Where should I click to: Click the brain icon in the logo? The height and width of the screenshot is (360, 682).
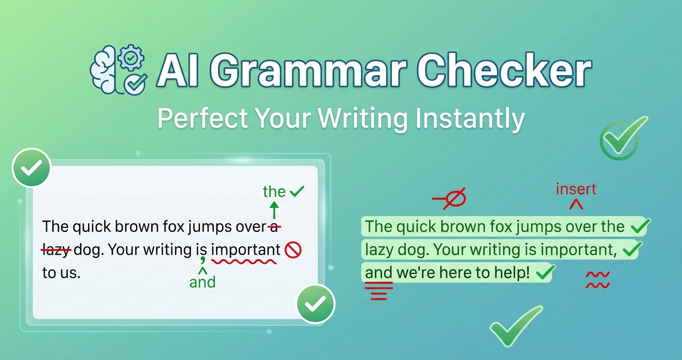(x=103, y=70)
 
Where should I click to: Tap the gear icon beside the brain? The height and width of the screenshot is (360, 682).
(x=131, y=57)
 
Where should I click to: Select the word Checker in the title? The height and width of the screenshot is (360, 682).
(x=504, y=70)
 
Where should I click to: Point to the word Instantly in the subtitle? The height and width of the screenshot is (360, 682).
(x=470, y=119)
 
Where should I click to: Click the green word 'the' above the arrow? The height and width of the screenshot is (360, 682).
(x=274, y=191)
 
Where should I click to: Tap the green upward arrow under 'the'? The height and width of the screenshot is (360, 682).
(x=274, y=210)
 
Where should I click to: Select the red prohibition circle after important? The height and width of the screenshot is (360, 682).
(x=293, y=250)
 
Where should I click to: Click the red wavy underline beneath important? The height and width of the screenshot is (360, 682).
(x=244, y=261)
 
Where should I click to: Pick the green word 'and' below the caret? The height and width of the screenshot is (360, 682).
(x=203, y=282)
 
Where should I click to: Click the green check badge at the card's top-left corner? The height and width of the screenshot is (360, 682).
(x=31, y=168)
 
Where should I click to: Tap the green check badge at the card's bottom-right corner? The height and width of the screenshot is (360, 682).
(x=316, y=304)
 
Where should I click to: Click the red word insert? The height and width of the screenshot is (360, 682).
(x=576, y=189)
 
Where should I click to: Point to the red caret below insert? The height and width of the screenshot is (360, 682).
(x=576, y=204)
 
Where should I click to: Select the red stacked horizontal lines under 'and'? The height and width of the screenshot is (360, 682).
(x=379, y=291)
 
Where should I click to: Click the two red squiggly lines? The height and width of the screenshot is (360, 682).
(x=598, y=280)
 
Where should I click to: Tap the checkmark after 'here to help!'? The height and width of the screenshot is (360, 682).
(x=546, y=272)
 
